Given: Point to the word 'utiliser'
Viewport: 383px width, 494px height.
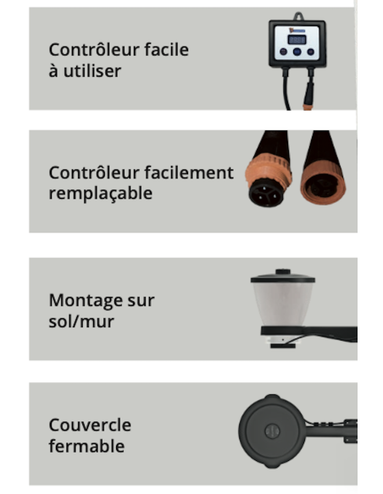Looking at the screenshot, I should pyautogui.click(x=92, y=71).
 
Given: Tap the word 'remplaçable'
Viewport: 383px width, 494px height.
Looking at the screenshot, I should pyautogui.click(x=101, y=194).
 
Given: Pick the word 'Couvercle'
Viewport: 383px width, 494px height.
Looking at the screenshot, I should pyautogui.click(x=90, y=425).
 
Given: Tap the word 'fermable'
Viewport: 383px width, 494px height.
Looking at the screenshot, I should pyautogui.click(x=85, y=446).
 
